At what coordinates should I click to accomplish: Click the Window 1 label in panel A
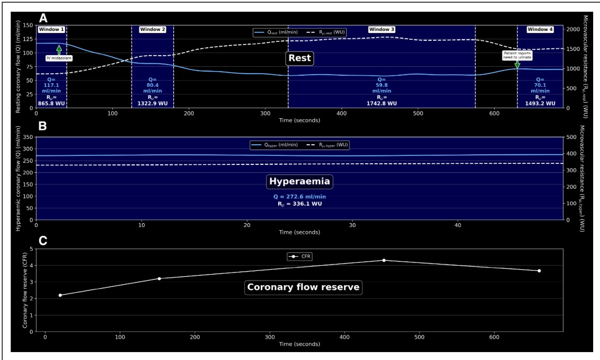pos(51,30)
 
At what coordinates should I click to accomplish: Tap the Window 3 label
pos(382,30)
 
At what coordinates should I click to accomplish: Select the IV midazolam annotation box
pos(58,57)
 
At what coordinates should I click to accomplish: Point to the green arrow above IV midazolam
pos(59,49)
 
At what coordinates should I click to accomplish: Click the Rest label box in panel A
pos(299,58)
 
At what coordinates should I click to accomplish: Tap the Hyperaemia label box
pos(299,181)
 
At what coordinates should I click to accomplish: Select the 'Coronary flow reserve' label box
pos(303,287)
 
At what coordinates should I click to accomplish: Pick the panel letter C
pos(43,240)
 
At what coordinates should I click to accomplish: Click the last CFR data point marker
pos(539,271)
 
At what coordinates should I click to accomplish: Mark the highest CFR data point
pos(384,260)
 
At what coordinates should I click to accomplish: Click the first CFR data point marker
pos(60,295)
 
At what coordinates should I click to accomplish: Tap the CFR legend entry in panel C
pos(300,257)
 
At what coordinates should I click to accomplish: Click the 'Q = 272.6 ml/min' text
pos(299,197)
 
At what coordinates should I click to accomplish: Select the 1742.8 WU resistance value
pos(381,103)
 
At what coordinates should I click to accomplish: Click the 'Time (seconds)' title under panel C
pos(299,344)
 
